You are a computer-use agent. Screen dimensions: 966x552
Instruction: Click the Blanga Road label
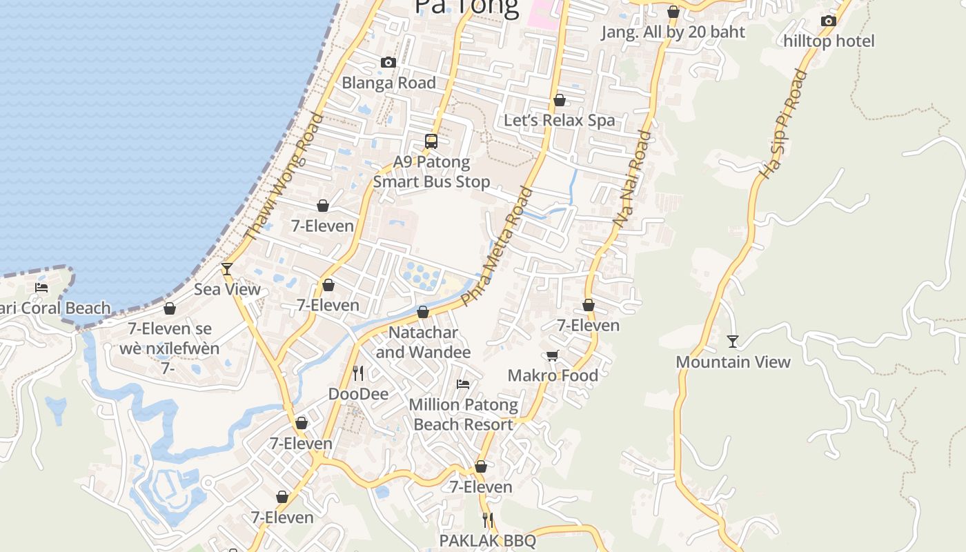388,83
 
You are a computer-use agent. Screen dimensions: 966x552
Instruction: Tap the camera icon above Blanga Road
388,63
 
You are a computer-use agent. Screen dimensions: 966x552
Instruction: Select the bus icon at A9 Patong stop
431,141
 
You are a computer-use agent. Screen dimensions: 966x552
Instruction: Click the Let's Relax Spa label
559,120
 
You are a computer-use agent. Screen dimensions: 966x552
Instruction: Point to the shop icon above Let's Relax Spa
560,100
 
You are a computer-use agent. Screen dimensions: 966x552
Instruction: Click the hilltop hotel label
829,41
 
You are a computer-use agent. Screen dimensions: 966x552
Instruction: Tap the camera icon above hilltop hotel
829,21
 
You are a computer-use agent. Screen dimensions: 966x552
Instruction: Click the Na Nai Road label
632,179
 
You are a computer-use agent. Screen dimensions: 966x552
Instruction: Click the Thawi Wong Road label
284,177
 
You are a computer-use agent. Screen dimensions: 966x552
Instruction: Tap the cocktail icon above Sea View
226,269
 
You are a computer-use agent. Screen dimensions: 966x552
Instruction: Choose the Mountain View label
733,362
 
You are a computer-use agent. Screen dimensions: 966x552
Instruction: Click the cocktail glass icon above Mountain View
733,341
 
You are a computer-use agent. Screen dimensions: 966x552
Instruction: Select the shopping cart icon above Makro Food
552,356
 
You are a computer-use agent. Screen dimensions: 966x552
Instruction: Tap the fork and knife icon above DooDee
358,373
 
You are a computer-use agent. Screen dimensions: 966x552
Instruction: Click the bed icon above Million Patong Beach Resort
463,384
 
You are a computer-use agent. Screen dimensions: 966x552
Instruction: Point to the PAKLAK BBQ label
488,540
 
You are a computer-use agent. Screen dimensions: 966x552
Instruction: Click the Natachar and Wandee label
423,342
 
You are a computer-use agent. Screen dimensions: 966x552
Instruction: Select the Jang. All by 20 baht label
673,32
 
